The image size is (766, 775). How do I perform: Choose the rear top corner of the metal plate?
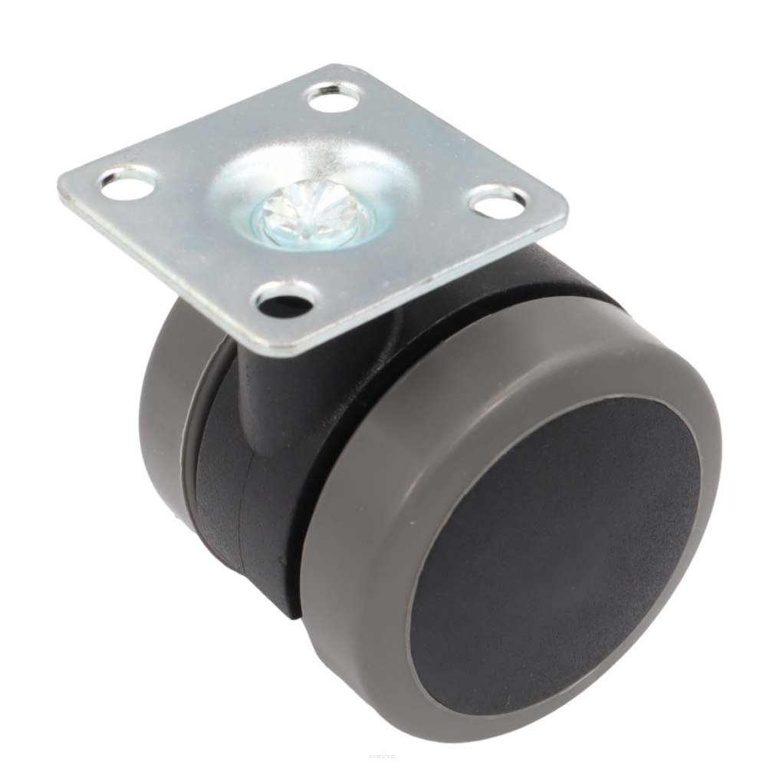(337, 65)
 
